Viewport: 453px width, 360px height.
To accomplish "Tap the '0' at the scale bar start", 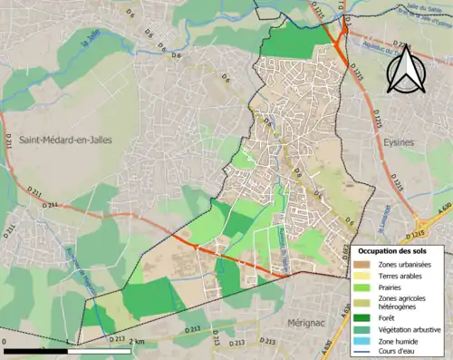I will tap(5, 340).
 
